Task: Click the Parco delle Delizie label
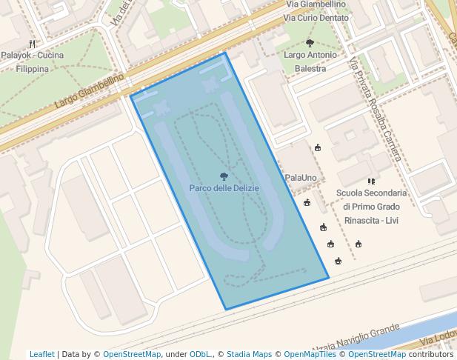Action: pos(224,189)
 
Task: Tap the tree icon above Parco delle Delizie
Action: pos(224,176)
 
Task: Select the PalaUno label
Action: pos(301,179)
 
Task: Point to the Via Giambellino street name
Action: pos(315,4)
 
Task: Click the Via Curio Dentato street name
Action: pos(316,18)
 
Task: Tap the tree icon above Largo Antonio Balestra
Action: pos(310,43)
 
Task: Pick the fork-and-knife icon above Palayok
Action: pos(32,44)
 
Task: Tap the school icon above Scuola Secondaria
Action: pos(371,181)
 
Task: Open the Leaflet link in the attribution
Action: pos(41,355)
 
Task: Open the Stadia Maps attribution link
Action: pos(249,355)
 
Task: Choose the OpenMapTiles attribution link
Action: pos(310,355)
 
